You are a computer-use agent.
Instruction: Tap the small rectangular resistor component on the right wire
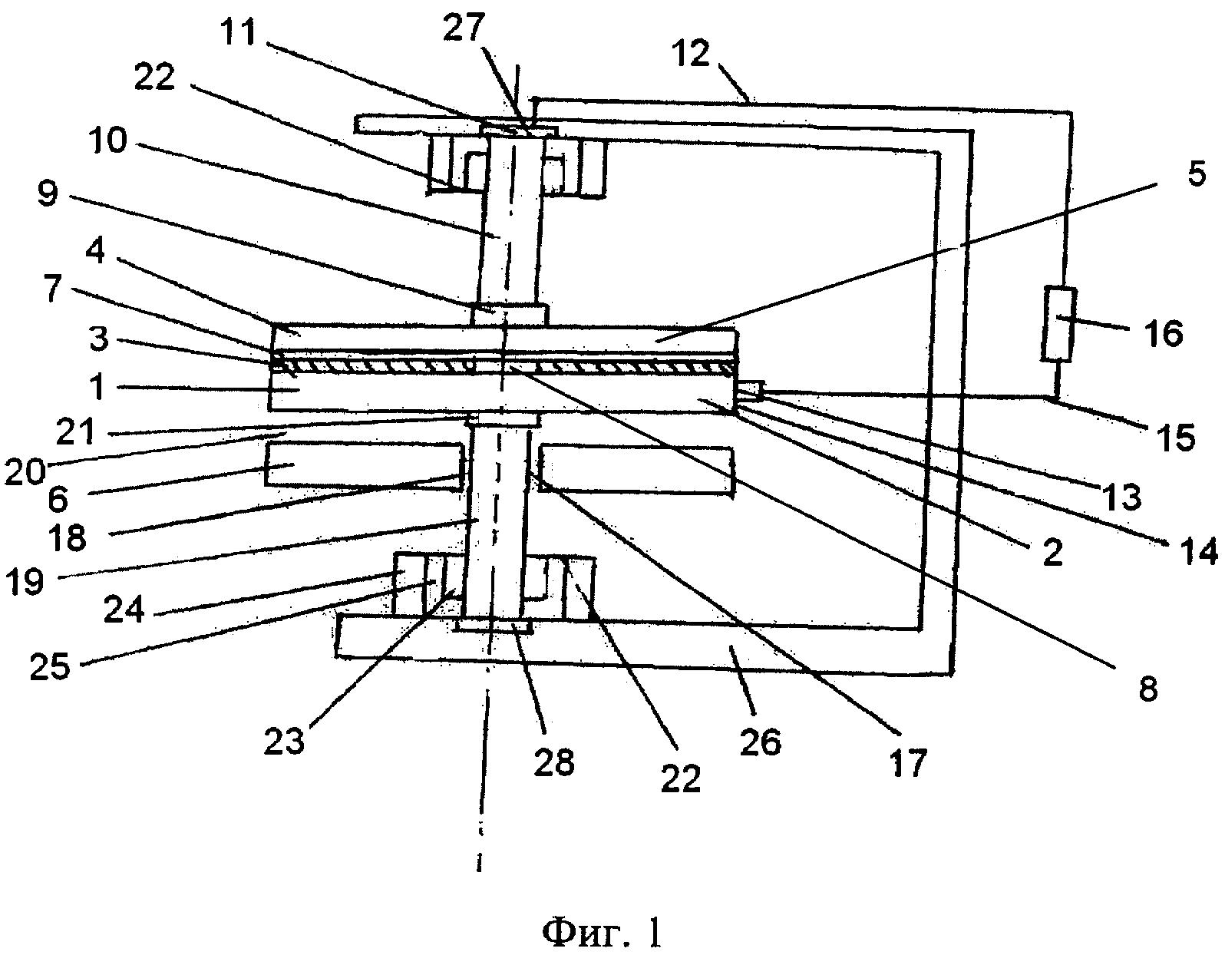[x=1059, y=324]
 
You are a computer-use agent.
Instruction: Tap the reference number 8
[x=1147, y=689]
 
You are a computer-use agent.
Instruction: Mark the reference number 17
[x=908, y=762]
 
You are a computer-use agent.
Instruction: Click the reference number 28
[x=555, y=762]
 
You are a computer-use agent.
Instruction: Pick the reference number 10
[x=107, y=141]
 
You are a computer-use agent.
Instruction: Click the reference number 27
[x=465, y=28]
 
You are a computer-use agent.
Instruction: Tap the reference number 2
[x=1052, y=553]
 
